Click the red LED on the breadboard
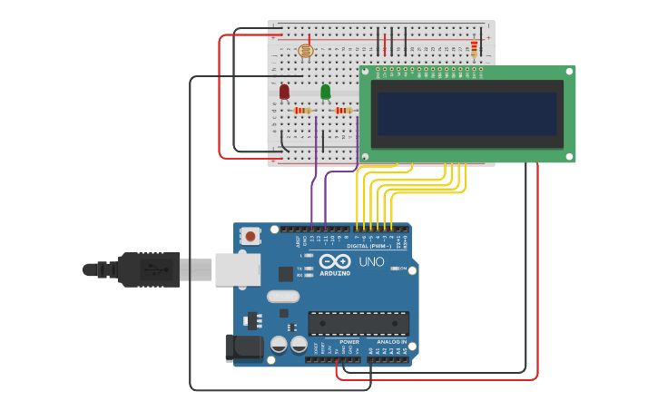(284, 92)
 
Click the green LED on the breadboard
(326, 92)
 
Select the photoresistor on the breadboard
(305, 51)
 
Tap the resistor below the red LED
(303, 111)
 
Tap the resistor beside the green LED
(344, 111)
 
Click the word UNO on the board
(371, 262)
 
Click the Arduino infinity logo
(335, 261)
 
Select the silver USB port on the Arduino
(237, 269)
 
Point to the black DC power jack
(243, 347)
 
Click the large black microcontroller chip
(358, 323)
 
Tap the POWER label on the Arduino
(349, 342)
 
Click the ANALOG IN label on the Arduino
(392, 342)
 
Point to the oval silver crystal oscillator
(282, 296)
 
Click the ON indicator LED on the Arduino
(394, 269)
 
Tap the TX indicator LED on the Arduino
(309, 269)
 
